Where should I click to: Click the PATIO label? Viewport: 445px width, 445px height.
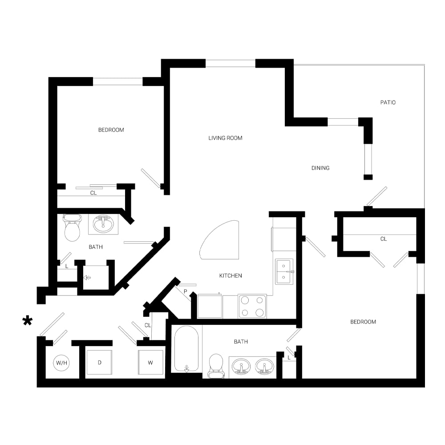(388, 102)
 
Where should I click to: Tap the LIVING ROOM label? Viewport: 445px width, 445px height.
(225, 138)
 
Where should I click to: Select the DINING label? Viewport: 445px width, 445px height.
(320, 168)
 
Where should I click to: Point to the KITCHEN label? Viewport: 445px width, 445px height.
(231, 275)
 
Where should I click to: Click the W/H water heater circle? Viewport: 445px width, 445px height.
(61, 363)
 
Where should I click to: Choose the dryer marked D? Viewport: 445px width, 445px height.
(99, 362)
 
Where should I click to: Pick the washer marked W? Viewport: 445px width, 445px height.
(150, 362)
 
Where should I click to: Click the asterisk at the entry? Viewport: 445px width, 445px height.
(28, 321)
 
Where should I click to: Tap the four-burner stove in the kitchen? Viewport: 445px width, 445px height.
(252, 306)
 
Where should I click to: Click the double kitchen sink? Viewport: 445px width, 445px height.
(284, 271)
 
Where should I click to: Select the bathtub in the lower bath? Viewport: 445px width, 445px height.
(186, 349)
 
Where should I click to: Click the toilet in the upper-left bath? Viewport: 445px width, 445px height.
(72, 227)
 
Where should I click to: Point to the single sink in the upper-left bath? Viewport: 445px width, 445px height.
(103, 224)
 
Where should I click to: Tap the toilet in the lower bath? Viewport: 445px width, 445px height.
(216, 366)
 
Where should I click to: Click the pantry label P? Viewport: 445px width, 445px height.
(185, 291)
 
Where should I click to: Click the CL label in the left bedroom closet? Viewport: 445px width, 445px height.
(93, 193)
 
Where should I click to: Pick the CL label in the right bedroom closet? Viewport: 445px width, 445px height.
(384, 239)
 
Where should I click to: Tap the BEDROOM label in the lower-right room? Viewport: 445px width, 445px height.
(363, 322)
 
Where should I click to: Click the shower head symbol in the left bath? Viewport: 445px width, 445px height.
(87, 278)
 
